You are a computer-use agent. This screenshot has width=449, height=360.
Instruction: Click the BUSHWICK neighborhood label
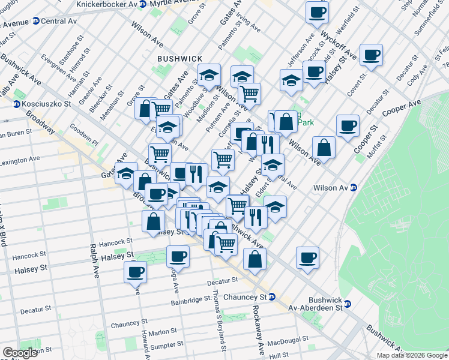point(179,58)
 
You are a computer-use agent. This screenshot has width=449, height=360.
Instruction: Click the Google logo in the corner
point(20,353)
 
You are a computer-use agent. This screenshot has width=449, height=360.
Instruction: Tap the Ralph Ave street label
point(94,261)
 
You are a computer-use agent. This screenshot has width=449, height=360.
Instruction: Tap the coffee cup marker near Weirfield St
point(316,12)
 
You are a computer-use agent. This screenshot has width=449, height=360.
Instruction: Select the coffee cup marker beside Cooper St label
point(348,126)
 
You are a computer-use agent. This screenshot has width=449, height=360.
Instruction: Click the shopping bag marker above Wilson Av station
point(324,147)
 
